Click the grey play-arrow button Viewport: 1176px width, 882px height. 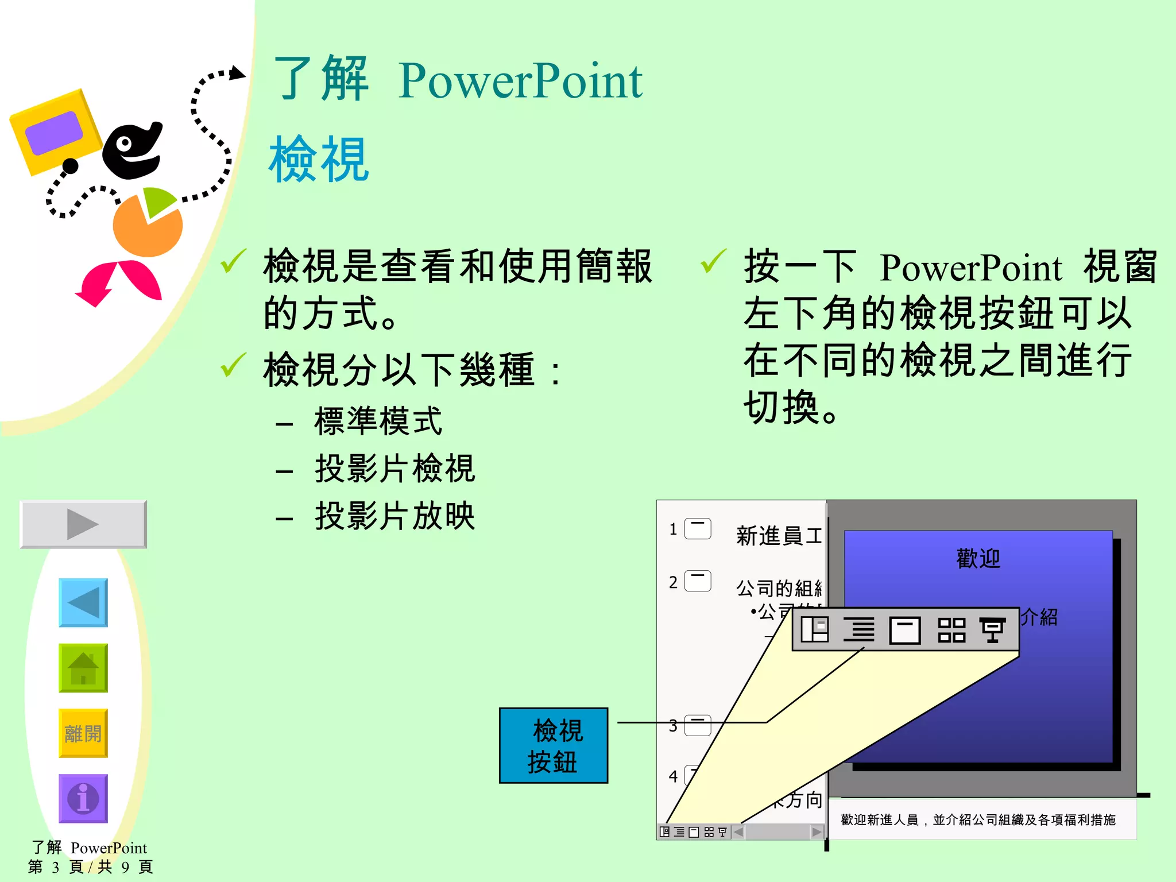pos(83,524)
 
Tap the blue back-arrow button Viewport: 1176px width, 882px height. pos(83,602)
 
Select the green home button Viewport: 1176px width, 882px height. pos(83,668)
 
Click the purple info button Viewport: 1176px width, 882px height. pos(83,798)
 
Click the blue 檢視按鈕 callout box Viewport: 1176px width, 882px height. pos(553,745)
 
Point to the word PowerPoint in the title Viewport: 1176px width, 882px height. pos(520,81)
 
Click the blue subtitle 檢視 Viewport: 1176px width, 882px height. pos(319,159)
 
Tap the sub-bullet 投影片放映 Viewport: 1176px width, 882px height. pos(394,516)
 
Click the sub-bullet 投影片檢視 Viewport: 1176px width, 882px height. pos(394,468)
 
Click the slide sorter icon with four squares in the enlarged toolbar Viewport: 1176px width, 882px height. pos(951,630)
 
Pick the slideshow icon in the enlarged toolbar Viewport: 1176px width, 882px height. pos(992,630)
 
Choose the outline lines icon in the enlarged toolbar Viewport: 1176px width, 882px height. pos(858,630)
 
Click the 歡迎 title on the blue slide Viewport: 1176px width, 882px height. pos(978,558)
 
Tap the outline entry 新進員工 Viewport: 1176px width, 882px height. pos(778,536)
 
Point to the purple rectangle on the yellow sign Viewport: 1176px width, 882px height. pos(55,133)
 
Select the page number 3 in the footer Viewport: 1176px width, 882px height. pos(56,867)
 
